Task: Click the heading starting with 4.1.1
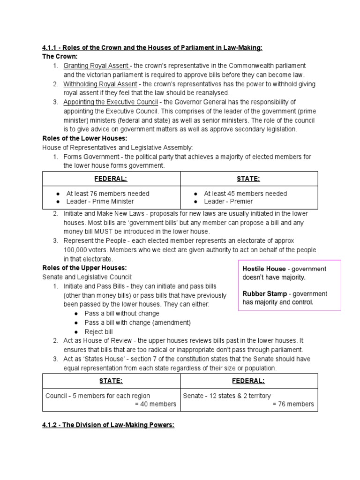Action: pos(152,47)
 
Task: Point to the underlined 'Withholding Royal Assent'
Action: pos(100,84)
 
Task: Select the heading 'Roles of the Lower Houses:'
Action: pos(84,138)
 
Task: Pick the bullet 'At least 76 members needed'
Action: pos(107,194)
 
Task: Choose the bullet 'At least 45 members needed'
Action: pos(245,194)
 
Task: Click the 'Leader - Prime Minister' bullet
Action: pos(100,202)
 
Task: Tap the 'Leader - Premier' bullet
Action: pos(228,202)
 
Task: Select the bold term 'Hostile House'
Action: pos(263,269)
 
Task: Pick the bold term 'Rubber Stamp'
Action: pos(264,294)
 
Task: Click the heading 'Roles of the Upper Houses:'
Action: pos(84,268)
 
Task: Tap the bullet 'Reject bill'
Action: pos(98,331)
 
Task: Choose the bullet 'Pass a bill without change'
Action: pos(122,313)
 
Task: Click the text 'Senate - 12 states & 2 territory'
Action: pos(227,396)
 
